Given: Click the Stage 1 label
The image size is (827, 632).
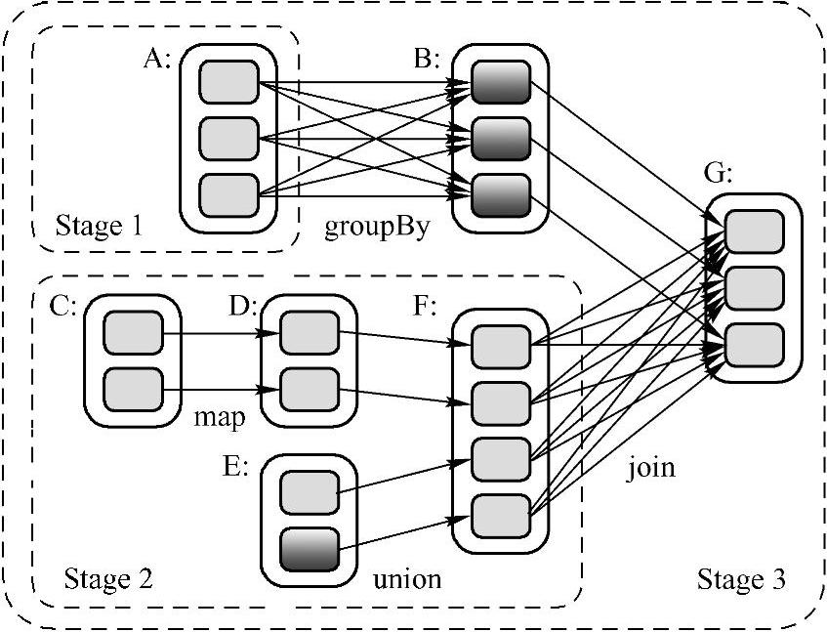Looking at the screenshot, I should point(100,227).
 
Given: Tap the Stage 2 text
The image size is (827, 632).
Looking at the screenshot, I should point(107,579).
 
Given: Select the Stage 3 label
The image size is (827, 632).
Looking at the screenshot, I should point(741,579).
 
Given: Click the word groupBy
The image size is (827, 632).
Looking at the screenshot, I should point(378,227).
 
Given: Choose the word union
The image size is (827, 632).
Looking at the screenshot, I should point(407,579).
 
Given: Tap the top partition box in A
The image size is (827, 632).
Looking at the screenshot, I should point(228,82).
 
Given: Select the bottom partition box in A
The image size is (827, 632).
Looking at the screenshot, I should point(228,194).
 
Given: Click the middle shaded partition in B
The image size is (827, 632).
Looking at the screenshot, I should point(501,138).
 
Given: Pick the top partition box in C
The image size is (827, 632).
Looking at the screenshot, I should point(133,333).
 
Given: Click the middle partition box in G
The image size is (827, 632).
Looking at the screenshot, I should point(755,287).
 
